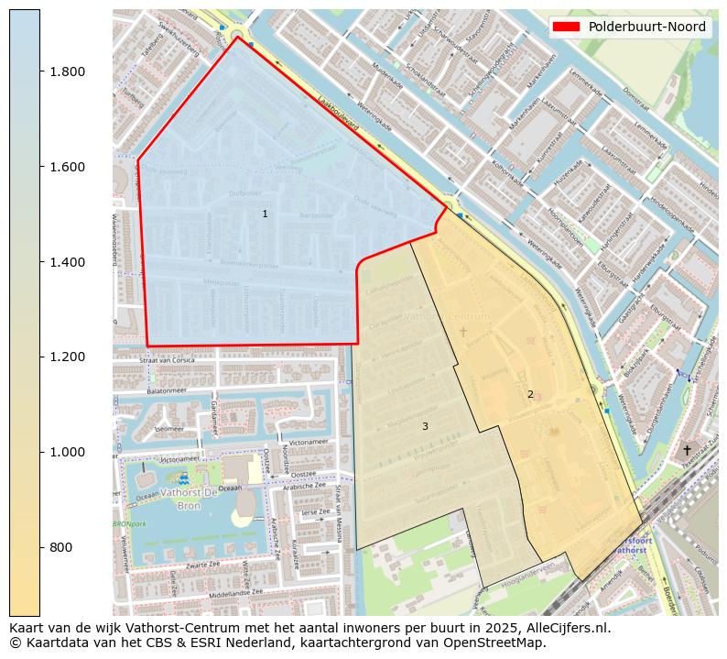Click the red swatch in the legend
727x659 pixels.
566,27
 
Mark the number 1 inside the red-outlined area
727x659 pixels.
265,214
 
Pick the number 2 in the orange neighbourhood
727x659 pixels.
529,394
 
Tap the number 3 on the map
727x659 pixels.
425,426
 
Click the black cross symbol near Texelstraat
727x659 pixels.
687,450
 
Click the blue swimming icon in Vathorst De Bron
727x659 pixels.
183,478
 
